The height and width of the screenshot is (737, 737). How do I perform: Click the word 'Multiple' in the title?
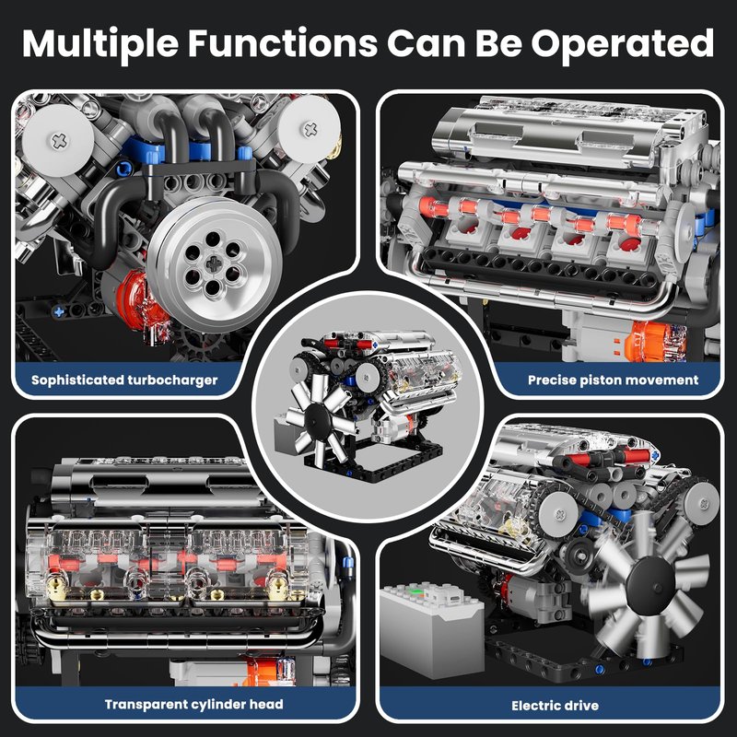100,44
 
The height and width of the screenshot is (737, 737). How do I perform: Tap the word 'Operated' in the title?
623,44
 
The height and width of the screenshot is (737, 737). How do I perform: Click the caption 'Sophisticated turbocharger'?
124,380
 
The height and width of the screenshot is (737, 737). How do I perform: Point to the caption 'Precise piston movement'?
613,380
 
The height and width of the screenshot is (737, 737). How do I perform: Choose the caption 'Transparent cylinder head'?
193,704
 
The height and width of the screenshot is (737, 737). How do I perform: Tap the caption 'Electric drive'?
556,706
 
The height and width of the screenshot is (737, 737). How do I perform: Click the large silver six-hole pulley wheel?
214,264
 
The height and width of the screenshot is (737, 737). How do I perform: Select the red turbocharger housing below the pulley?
141,301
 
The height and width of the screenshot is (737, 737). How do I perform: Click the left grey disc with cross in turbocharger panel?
58,141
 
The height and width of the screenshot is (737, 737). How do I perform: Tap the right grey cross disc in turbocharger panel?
310,129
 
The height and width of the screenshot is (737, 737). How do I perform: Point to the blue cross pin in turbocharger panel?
58,310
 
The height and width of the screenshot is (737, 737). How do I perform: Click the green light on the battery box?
414,591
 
